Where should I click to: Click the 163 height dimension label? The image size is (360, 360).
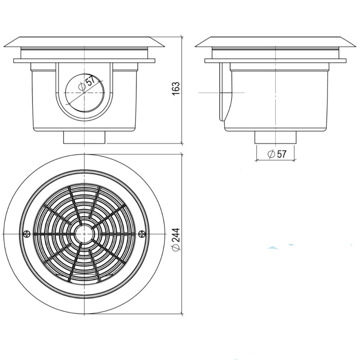point(176,89)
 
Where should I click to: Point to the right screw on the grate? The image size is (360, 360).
point(141,234)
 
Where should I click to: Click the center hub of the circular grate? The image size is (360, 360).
point(84,234)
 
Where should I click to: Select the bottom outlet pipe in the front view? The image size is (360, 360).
point(84,138)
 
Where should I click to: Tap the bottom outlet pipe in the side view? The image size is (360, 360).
point(275,138)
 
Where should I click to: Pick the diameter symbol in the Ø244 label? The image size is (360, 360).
point(176,248)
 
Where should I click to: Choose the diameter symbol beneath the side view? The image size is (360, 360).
point(271,154)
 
